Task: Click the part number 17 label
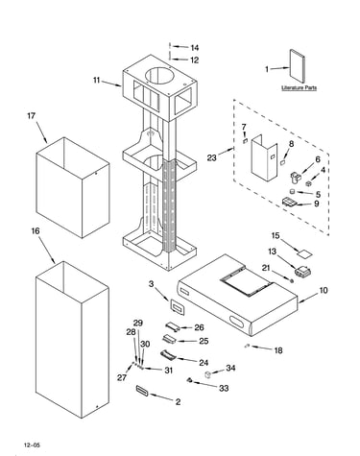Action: [31, 115]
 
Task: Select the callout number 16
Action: [36, 230]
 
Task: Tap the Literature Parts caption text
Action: [299, 87]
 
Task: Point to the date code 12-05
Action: [33, 444]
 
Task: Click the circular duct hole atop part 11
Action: [160, 78]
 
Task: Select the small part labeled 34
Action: [207, 373]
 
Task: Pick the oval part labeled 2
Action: [141, 391]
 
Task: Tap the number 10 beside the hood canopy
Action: [324, 290]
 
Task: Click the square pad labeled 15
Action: [304, 253]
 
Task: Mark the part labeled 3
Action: [177, 307]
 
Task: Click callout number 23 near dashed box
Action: [211, 157]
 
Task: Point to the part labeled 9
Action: [289, 202]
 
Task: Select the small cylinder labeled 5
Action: [292, 191]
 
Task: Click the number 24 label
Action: [204, 362]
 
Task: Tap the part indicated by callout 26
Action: [173, 326]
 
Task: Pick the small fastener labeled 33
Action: [189, 379]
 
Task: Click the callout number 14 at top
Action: [195, 48]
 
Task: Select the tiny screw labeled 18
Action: [247, 346]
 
